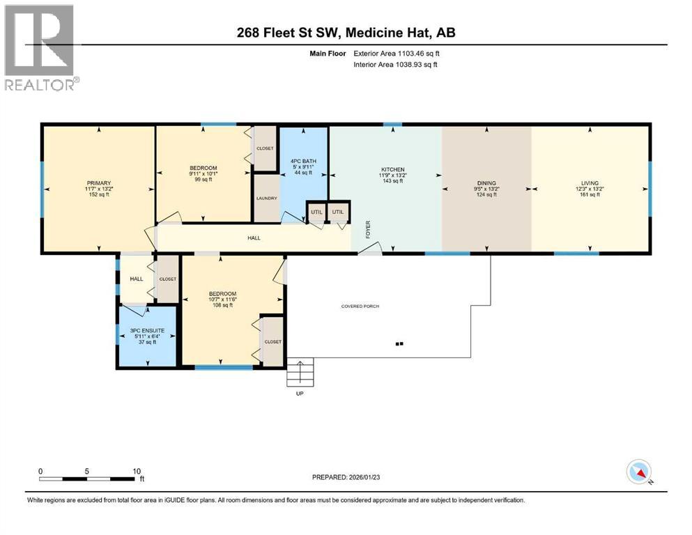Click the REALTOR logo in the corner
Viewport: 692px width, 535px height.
pos(40,47)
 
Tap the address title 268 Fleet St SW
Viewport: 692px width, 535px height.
pos(346,33)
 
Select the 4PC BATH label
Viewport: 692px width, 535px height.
pos(303,166)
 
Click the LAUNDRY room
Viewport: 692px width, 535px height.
pos(266,199)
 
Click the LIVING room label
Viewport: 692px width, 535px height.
pos(590,188)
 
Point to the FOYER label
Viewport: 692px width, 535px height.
pos(368,229)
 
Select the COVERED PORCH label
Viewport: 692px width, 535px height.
pos(360,307)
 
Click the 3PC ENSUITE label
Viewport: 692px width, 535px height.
pos(146,336)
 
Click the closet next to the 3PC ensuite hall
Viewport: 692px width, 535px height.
pos(168,279)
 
